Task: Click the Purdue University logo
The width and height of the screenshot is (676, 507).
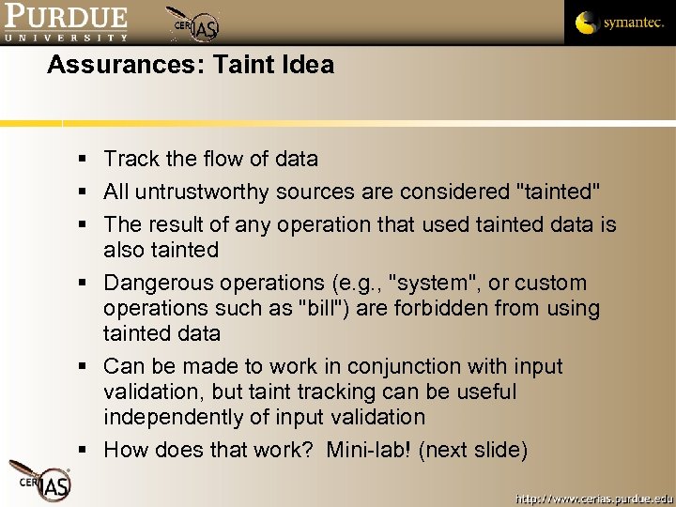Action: (x=66, y=23)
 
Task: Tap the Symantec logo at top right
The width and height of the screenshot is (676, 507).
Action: (x=620, y=23)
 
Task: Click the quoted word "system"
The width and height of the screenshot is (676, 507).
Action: (x=433, y=283)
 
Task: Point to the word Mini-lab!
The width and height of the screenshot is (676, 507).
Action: (x=369, y=450)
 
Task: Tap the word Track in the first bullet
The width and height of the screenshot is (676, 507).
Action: (x=130, y=159)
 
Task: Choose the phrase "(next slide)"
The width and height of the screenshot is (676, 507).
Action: (x=473, y=450)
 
